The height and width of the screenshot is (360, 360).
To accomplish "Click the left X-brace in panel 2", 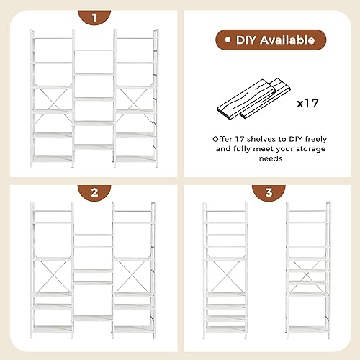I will [52, 274].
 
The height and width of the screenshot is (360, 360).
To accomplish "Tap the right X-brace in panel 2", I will [134, 274].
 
